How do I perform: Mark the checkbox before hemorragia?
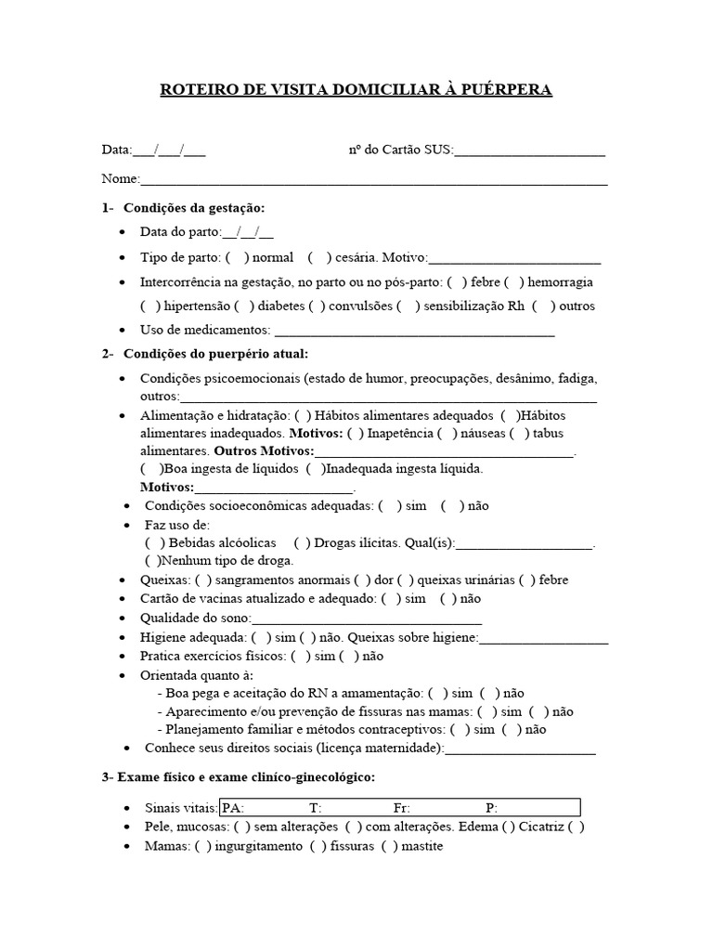(512, 282)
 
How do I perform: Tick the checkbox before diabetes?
(243, 306)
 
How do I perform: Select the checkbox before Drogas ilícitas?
(303, 543)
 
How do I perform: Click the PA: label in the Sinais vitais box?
(233, 808)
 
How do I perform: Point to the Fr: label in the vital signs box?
(401, 808)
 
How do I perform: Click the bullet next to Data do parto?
(125, 233)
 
